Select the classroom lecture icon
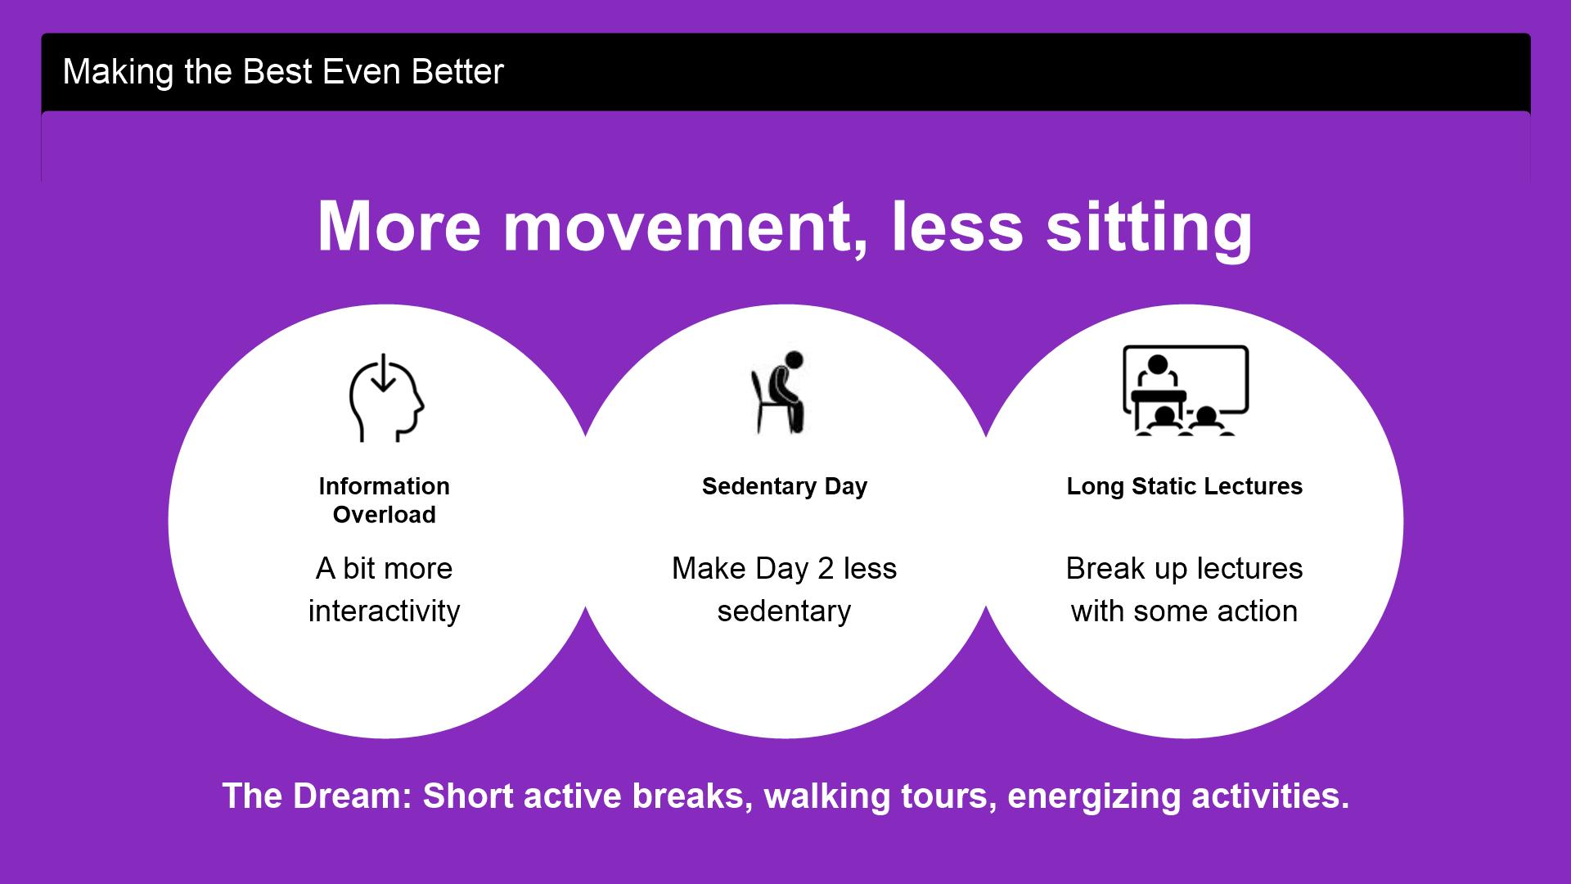(x=1186, y=390)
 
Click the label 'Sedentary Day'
(x=785, y=486)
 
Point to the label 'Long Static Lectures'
(x=1185, y=486)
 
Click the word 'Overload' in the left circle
(x=385, y=515)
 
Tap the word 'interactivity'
(x=385, y=611)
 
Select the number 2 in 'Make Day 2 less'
(x=826, y=568)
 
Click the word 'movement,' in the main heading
(x=686, y=227)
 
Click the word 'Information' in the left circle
(x=385, y=486)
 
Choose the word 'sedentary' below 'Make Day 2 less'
(x=785, y=611)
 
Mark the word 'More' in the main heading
(x=398, y=227)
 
